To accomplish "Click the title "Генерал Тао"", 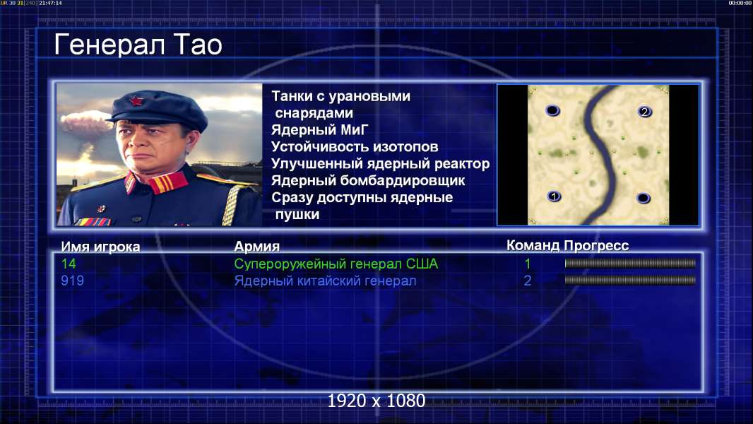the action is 138,45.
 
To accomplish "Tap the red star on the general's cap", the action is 136,101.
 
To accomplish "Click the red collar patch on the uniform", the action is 168,183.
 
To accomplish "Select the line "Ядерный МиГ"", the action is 320,130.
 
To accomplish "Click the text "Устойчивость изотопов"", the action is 355,147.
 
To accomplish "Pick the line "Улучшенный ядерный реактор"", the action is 380,164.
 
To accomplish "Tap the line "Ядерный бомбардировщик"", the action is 368,180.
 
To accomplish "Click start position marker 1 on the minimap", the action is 554,196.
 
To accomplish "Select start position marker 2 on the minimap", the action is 644,112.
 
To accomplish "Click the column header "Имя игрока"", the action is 100,247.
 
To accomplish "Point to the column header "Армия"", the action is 257,247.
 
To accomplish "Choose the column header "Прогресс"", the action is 596,246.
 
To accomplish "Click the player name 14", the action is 69,264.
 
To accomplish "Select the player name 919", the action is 73,281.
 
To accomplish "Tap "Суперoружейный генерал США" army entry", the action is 336,264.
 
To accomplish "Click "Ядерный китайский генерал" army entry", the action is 325,281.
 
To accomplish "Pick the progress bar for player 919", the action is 630,280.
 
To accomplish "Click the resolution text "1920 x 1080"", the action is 376,401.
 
